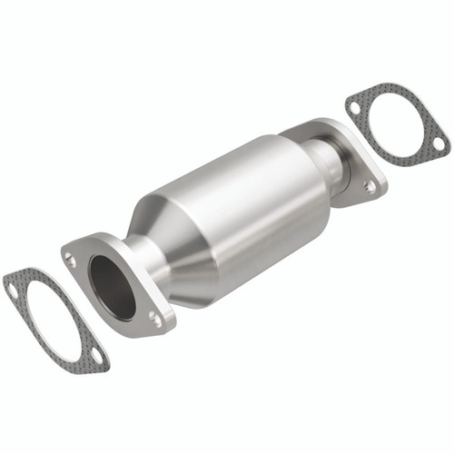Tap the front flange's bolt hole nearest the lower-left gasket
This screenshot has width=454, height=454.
tap(71, 260)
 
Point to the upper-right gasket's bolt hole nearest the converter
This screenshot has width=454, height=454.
tap(353, 106)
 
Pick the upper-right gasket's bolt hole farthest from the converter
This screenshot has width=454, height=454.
tap(438, 143)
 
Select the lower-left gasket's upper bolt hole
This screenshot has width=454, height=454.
tap(12, 289)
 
